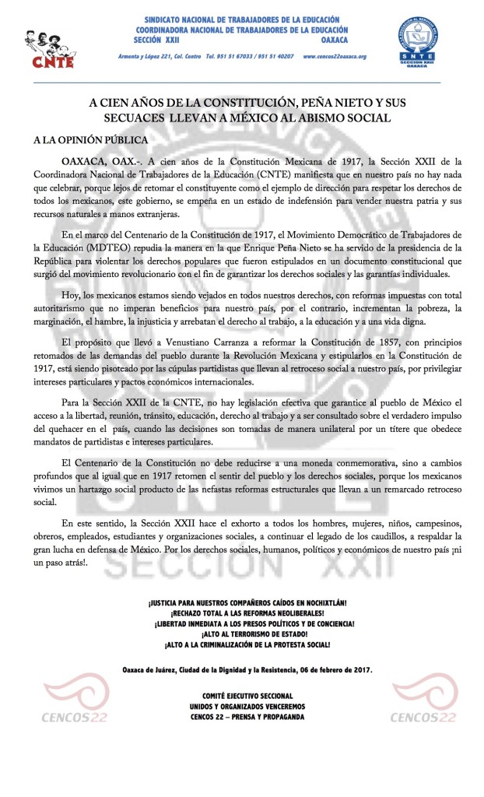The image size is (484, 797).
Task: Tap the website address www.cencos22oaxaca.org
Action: point(334,57)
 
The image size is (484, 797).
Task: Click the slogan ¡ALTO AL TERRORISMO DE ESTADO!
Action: point(247,634)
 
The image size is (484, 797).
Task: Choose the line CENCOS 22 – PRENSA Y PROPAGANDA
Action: point(247,717)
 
